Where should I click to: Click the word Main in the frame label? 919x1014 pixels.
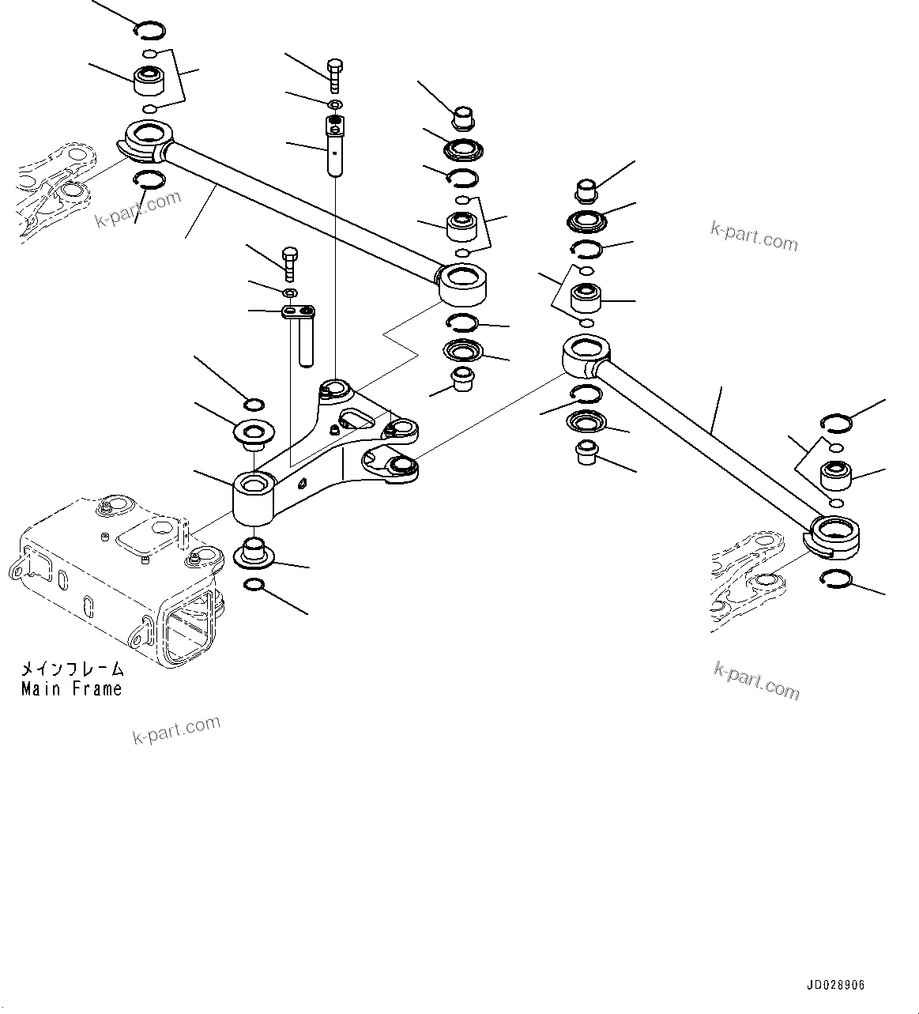41,688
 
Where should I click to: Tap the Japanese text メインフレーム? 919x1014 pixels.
72,669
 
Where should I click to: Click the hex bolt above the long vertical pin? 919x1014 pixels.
335,73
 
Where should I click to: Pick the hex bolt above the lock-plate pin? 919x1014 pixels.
290,262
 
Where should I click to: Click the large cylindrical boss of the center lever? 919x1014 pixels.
253,498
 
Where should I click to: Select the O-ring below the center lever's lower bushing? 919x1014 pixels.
254,585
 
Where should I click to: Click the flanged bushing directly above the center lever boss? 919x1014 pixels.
254,434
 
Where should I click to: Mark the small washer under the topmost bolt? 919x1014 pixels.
334,104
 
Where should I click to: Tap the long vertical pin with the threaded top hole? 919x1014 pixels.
334,146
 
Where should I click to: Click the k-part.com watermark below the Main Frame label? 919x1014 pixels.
175,730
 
